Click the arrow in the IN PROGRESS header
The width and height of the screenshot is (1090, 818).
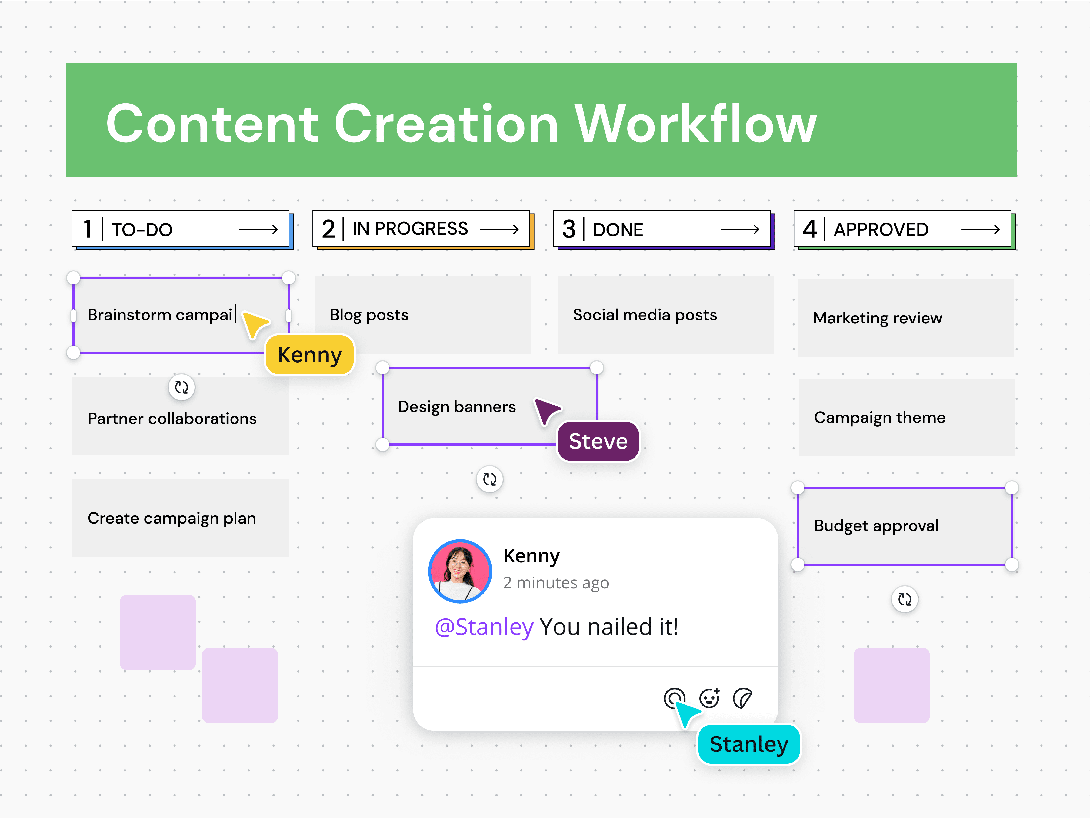pos(499,229)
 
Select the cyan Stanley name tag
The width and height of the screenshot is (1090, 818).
pos(748,744)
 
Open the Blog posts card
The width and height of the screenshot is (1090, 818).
pos(422,314)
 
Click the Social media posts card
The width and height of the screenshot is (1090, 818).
pos(665,314)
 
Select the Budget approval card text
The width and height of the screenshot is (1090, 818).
pos(876,526)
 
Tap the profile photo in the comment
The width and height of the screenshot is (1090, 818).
pos(460,571)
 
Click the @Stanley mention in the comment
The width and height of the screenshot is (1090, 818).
pos(484,627)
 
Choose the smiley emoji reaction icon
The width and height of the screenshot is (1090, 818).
pos(709,698)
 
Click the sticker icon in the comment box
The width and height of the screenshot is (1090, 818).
pos(742,698)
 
